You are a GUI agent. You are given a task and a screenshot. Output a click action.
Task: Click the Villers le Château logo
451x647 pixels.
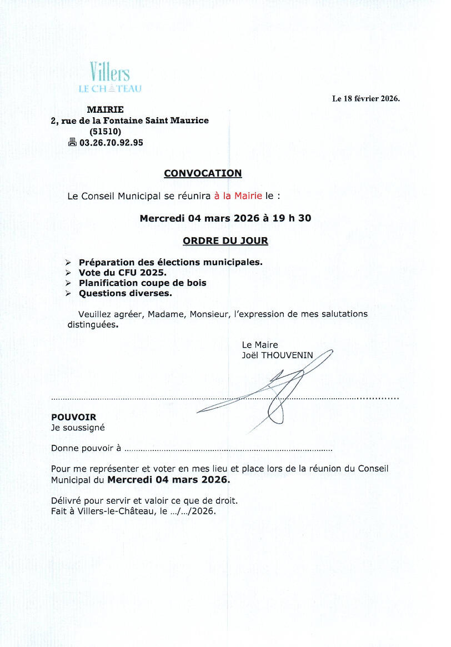point(110,78)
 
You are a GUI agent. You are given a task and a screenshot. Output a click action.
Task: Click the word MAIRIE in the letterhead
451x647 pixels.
point(105,109)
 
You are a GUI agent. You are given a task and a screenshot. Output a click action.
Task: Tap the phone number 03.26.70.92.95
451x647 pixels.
point(111,143)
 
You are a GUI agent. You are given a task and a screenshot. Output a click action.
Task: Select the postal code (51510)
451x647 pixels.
point(105,132)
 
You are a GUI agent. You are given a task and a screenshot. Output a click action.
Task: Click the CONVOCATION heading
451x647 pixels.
point(203,173)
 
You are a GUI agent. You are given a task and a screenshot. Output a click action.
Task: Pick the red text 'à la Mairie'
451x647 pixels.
point(238,196)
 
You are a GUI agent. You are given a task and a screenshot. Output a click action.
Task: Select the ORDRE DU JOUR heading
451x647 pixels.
point(225,241)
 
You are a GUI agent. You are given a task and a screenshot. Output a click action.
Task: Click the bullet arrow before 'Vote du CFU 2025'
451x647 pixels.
point(68,273)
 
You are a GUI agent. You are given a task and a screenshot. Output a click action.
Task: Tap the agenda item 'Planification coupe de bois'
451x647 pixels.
point(142,283)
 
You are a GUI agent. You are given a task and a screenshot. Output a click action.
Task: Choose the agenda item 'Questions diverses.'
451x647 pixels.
point(125,293)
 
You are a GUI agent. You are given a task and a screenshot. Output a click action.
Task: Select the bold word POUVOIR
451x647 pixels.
point(73,417)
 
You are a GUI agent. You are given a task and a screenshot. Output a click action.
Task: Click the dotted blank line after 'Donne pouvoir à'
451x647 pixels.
point(228,449)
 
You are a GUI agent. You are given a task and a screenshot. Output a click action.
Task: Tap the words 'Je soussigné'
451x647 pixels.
point(78,428)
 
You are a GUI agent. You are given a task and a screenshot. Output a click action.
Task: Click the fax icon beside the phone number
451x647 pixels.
point(72,143)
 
